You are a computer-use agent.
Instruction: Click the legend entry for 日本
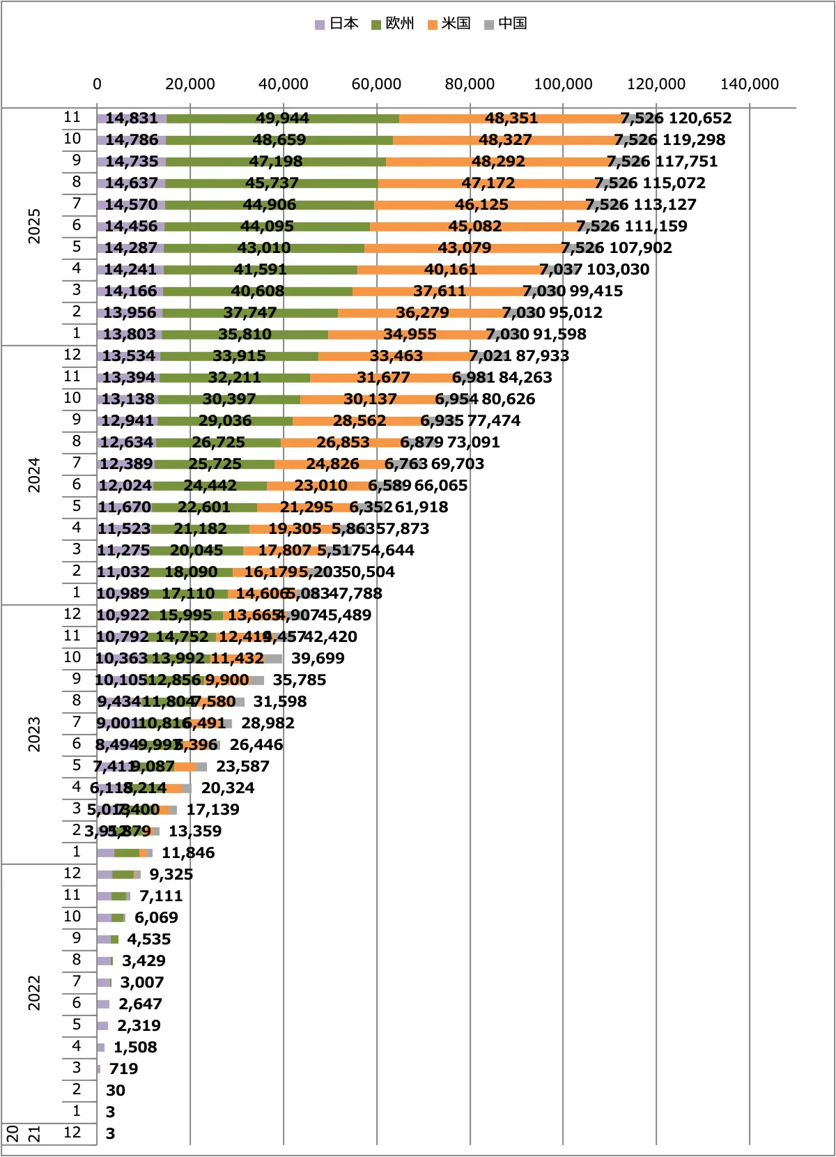pos(337,24)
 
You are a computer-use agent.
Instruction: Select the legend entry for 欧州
pos(394,24)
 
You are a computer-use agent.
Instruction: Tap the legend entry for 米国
pos(450,24)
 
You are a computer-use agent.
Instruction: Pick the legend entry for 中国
pos(506,24)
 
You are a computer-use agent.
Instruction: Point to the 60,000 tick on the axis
pos(376,84)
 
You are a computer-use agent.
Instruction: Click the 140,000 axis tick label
pos(749,84)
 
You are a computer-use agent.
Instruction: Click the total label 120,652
pos(699,118)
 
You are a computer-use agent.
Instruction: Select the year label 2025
pos(34,226)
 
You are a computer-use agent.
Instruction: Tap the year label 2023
pos(34,734)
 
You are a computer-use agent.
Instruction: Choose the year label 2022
pos(34,993)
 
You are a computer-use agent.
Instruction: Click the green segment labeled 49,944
pos(282,118)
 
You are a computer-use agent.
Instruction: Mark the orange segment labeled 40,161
pos(451,270)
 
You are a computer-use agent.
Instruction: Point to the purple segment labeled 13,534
pos(128,356)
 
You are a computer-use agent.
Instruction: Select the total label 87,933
pos(542,356)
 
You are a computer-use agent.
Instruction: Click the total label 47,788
pos(355,594)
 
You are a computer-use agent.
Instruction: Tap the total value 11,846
pos(188,853)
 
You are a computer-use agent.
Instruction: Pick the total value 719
pos(123,1069)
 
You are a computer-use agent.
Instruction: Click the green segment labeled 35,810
pos(245,335)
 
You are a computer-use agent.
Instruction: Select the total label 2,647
pos(140,1004)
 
